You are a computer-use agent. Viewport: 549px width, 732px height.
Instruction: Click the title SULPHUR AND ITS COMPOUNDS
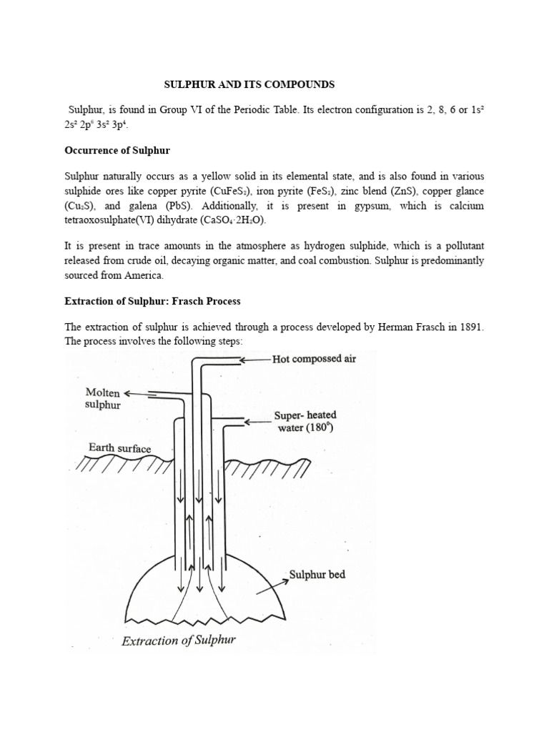(249, 84)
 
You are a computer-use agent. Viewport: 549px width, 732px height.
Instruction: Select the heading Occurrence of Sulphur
(117, 151)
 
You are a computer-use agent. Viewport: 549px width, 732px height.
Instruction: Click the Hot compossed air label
(314, 360)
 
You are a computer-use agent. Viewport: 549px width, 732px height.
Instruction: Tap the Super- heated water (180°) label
(305, 422)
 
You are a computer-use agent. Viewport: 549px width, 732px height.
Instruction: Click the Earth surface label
(119, 448)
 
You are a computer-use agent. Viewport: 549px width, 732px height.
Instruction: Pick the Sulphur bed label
(317, 574)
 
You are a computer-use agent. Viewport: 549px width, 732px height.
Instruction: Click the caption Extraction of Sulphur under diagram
(178, 640)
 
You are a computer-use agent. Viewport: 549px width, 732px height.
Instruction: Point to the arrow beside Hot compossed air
(254, 360)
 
